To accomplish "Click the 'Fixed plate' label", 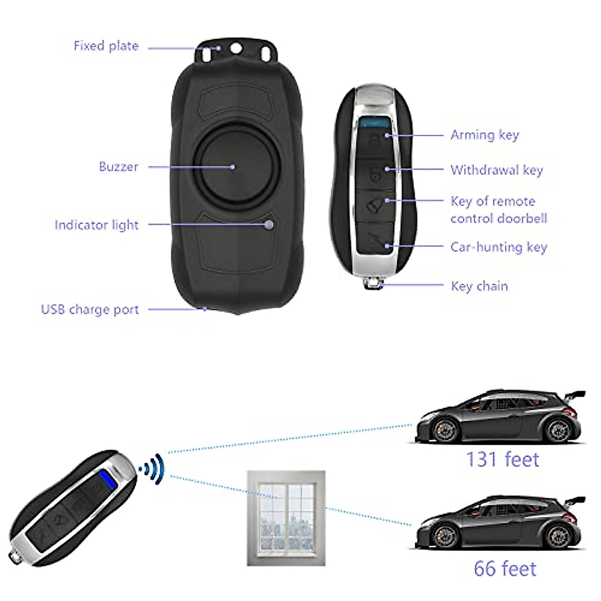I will [x=106, y=46].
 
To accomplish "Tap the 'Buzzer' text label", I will [x=118, y=167].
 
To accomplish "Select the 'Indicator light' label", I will [x=96, y=225].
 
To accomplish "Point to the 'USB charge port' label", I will [x=90, y=310].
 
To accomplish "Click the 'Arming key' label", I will [x=484, y=135].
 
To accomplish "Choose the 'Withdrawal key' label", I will [x=496, y=170].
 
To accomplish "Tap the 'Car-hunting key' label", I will [x=498, y=247].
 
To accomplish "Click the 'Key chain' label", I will [x=479, y=286].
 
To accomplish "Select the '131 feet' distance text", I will [x=502, y=459].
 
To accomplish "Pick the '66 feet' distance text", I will [x=505, y=569].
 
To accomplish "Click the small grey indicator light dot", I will [x=269, y=224].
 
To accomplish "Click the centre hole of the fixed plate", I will [x=235, y=48].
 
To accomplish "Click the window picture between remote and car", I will [x=286, y=518].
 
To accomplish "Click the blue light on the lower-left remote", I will [x=104, y=479].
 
